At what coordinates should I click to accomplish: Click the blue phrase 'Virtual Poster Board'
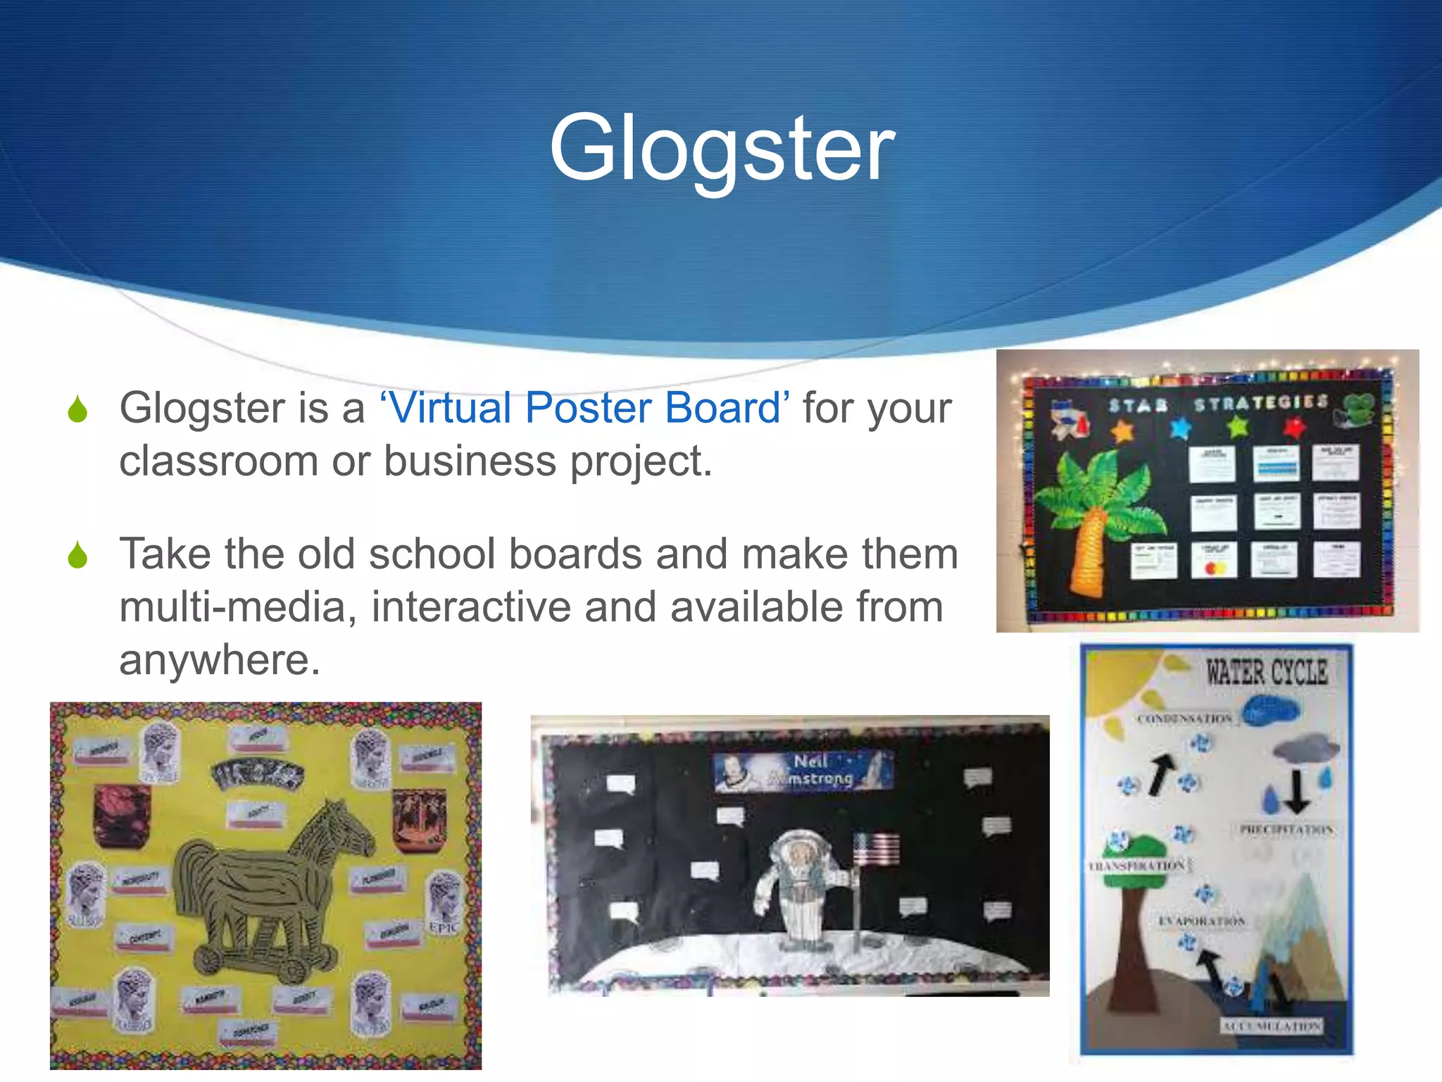(x=584, y=408)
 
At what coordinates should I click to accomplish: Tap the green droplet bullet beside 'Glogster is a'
(x=78, y=409)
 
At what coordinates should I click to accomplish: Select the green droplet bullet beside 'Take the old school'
(x=78, y=555)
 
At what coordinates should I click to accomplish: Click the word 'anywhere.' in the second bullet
(x=220, y=660)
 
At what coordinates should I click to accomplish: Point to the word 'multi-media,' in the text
(x=238, y=607)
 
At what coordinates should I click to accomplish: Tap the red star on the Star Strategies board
(x=1294, y=425)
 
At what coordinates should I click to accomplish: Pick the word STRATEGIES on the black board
(x=1260, y=402)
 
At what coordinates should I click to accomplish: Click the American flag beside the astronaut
(x=875, y=849)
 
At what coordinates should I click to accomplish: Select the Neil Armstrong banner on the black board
(x=804, y=770)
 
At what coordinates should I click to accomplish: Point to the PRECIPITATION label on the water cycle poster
(x=1286, y=830)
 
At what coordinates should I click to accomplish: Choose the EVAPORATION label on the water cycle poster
(x=1201, y=921)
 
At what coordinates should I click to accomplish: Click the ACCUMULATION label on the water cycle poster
(x=1271, y=1026)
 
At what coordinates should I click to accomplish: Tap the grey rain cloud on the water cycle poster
(x=1305, y=751)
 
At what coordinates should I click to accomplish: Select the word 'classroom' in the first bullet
(x=218, y=461)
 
